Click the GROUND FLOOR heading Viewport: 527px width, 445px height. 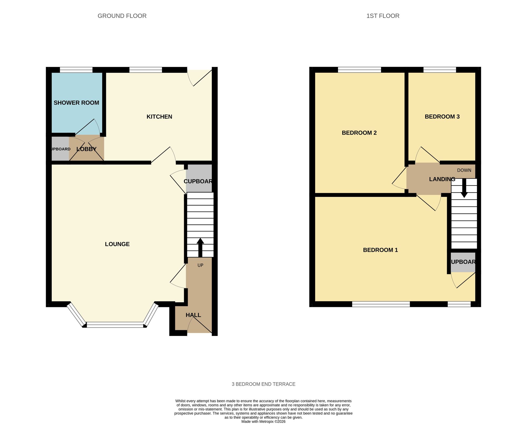click(x=122, y=16)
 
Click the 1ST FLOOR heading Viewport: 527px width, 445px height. click(x=383, y=16)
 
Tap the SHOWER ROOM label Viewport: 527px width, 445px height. click(x=76, y=103)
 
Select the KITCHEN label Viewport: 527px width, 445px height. click(x=159, y=117)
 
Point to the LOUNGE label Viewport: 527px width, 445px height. click(x=117, y=244)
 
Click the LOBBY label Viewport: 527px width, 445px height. click(x=86, y=149)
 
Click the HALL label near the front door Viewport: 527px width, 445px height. click(x=193, y=315)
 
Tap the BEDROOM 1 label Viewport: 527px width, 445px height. click(x=380, y=250)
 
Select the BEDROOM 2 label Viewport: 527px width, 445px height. click(x=359, y=133)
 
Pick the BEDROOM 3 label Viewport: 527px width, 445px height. click(x=442, y=117)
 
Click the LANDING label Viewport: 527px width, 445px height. click(x=442, y=179)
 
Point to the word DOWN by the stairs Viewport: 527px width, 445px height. click(x=464, y=170)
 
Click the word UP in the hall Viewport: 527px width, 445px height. click(x=200, y=265)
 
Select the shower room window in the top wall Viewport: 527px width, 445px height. click(x=76, y=70)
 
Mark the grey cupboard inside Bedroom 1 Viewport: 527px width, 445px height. click(x=463, y=262)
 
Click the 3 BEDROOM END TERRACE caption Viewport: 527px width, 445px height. click(x=263, y=384)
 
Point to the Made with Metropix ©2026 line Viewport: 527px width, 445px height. click(x=263, y=422)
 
